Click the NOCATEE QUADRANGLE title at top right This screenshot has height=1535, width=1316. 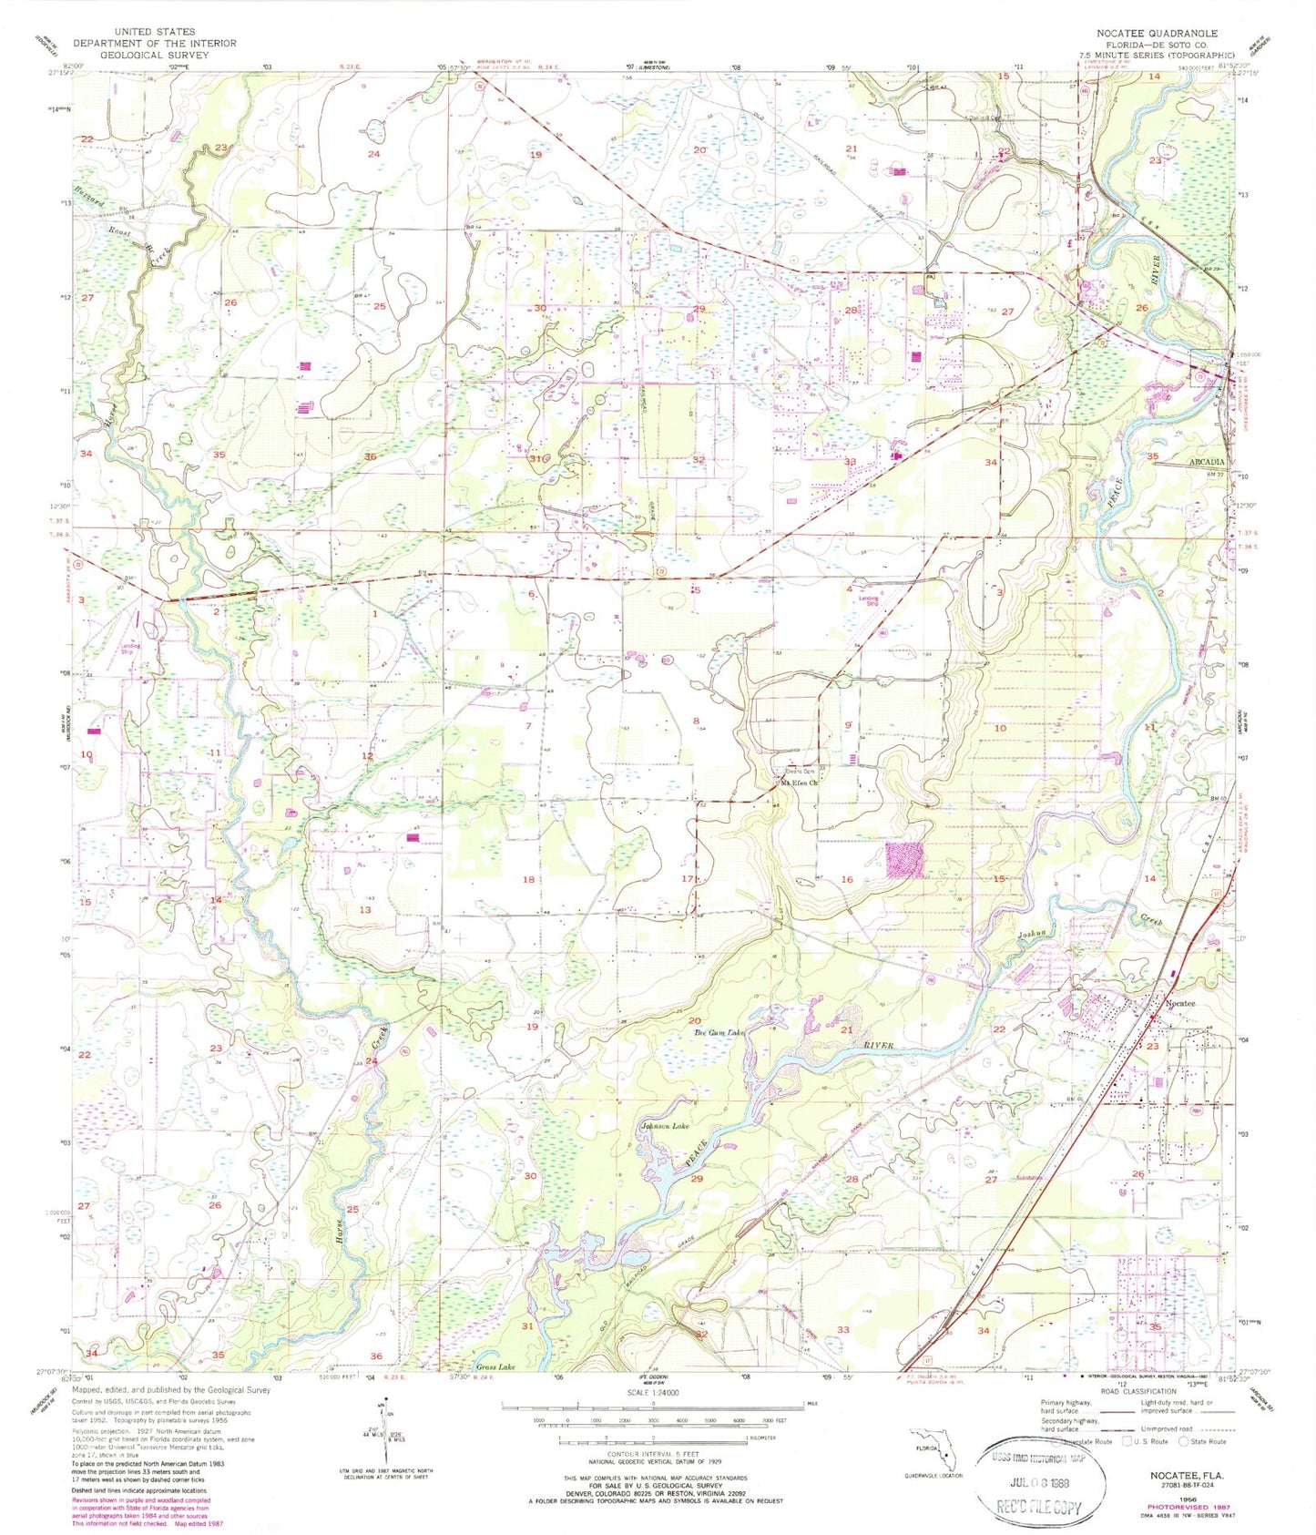coord(1157,33)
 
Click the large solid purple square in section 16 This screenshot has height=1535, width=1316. coord(904,859)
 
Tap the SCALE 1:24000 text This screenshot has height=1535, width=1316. coord(653,1393)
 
